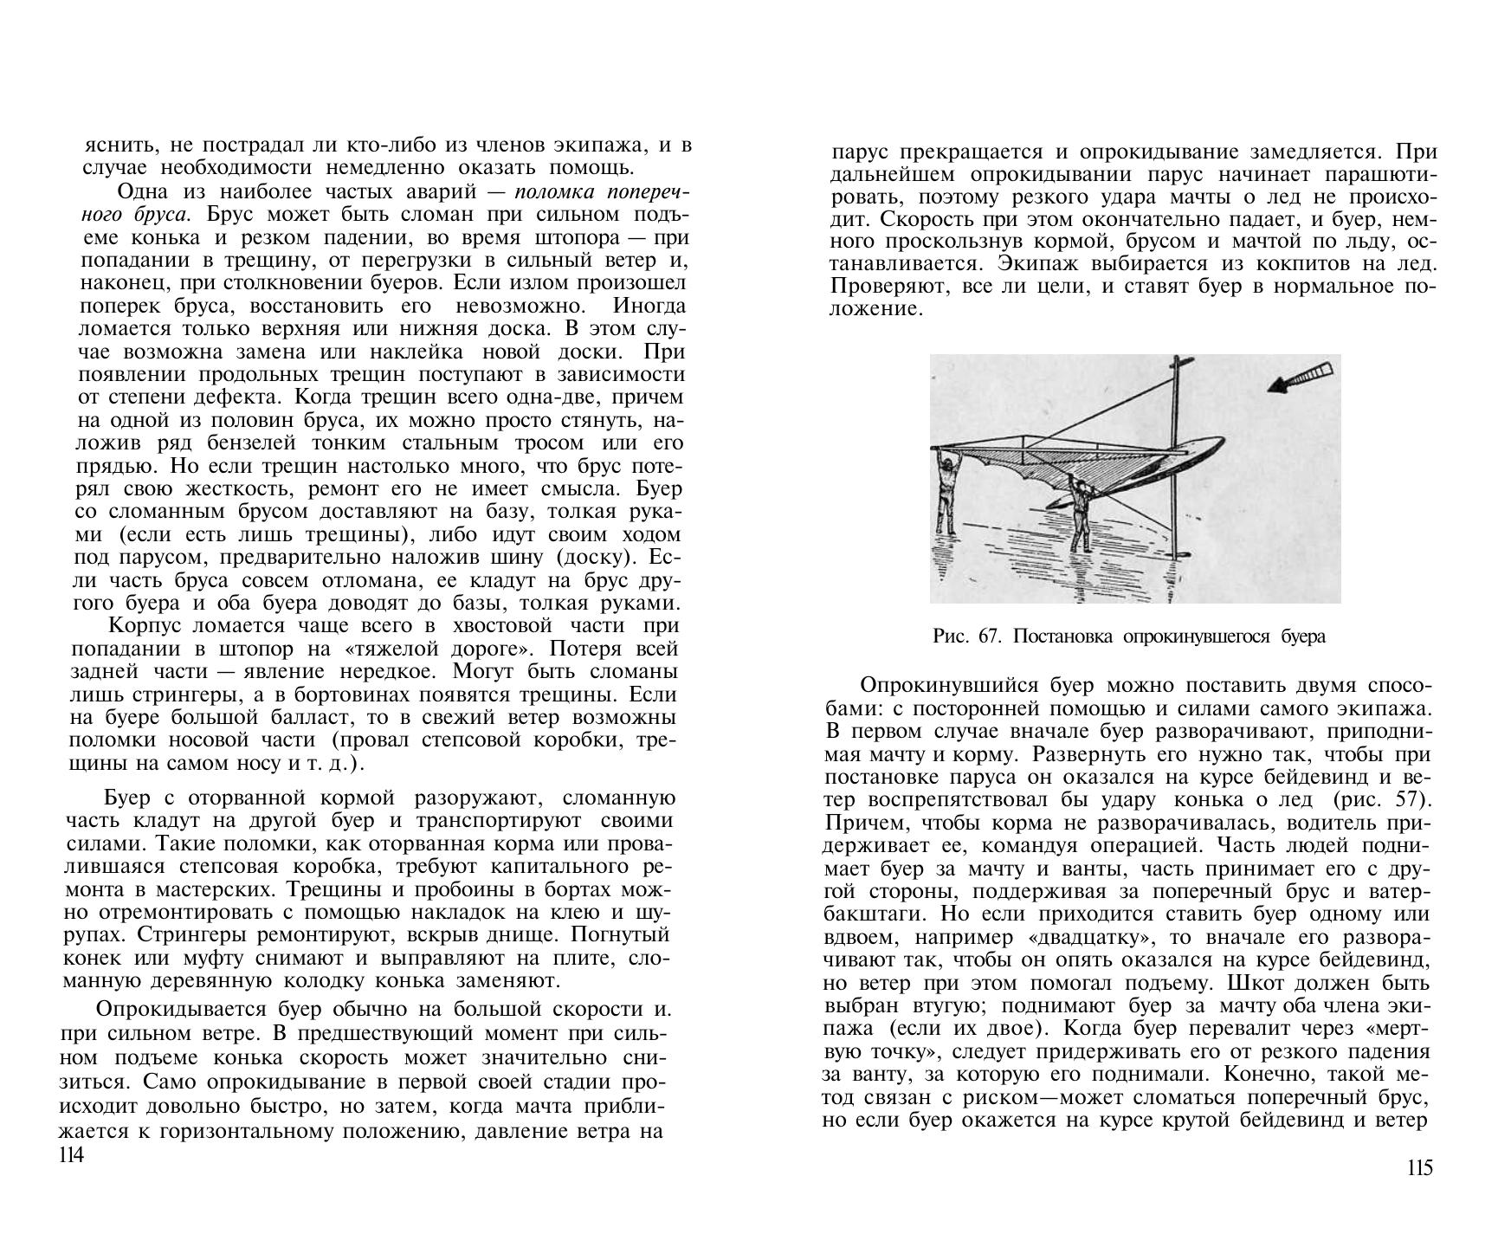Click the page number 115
[x=1420, y=1168]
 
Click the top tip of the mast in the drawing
[x=1176, y=359]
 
